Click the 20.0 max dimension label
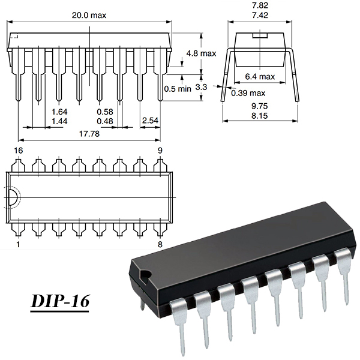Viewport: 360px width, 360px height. coord(89,16)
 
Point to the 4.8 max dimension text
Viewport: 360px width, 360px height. coord(202,53)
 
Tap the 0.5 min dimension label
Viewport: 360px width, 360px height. coord(178,88)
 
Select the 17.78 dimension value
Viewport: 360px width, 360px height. coord(89,134)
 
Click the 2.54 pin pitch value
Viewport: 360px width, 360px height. coord(151,121)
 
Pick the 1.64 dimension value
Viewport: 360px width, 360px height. coord(59,112)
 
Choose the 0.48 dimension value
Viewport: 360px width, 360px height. coord(105,121)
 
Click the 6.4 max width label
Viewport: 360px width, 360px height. coord(260,76)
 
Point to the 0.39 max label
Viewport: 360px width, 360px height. coord(248,92)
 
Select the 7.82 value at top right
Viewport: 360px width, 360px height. coord(261,4)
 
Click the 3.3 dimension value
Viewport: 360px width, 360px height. coord(202,87)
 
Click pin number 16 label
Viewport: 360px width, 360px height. coord(19,149)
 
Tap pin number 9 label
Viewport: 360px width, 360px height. coord(160,149)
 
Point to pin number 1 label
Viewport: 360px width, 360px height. coord(18,245)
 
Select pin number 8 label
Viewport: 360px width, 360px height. coord(160,245)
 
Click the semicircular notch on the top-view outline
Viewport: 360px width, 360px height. coord(11,197)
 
